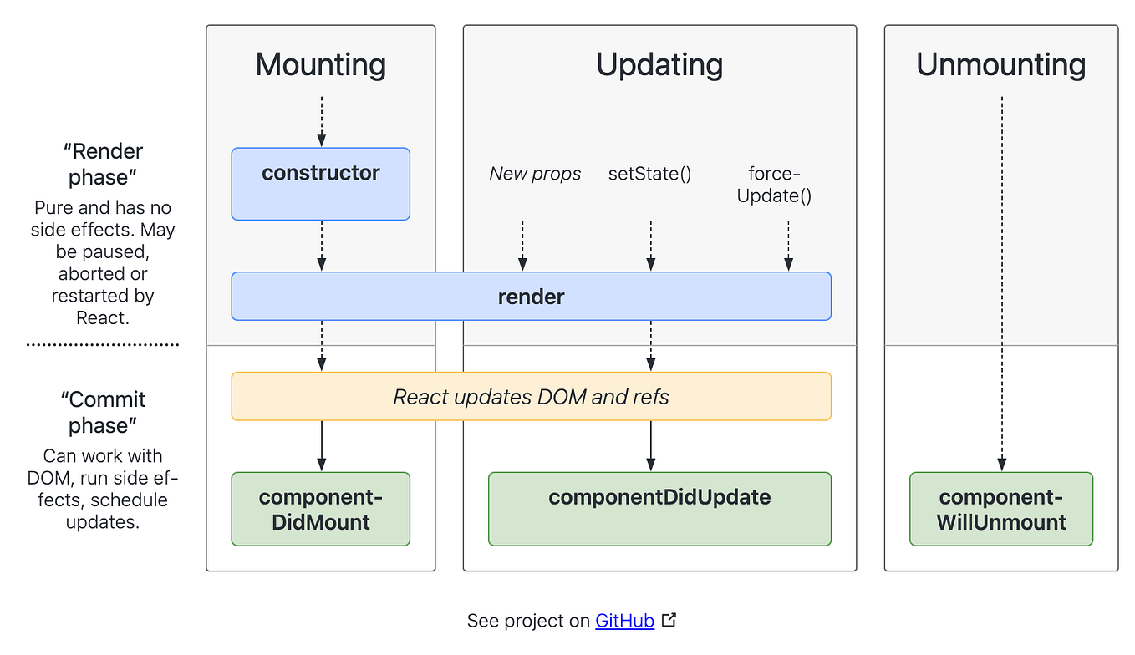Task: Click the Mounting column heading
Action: click(x=321, y=65)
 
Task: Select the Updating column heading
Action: click(x=659, y=65)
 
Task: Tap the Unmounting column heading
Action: click(x=1000, y=65)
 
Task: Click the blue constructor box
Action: click(x=321, y=184)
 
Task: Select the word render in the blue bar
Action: click(x=532, y=297)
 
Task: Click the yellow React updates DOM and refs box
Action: click(x=532, y=396)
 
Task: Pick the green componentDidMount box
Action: click(x=321, y=510)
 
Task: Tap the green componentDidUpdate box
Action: click(x=659, y=510)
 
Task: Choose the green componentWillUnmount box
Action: click(x=1000, y=510)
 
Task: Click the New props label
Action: click(x=535, y=174)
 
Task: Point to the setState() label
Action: click(x=649, y=174)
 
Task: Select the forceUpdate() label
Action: click(x=774, y=185)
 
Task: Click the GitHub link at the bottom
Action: click(x=624, y=621)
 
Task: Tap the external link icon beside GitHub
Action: click(x=669, y=620)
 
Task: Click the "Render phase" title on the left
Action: click(x=103, y=165)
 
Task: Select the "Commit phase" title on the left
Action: click(x=103, y=412)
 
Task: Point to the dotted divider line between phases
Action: click(x=103, y=344)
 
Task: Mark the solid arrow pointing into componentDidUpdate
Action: click(x=651, y=446)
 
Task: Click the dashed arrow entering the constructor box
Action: click(x=322, y=122)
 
